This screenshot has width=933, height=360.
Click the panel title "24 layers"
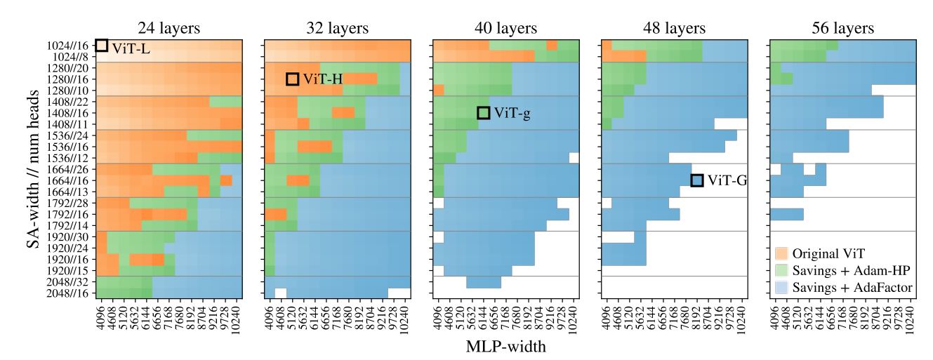point(168,29)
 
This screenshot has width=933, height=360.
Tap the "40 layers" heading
point(505,29)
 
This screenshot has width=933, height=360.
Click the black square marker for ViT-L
point(101,46)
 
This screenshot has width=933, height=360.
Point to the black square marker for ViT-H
point(292,79)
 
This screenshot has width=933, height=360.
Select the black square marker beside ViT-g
point(483,113)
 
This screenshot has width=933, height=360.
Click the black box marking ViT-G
point(697,180)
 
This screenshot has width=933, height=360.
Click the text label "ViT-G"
point(727,181)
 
